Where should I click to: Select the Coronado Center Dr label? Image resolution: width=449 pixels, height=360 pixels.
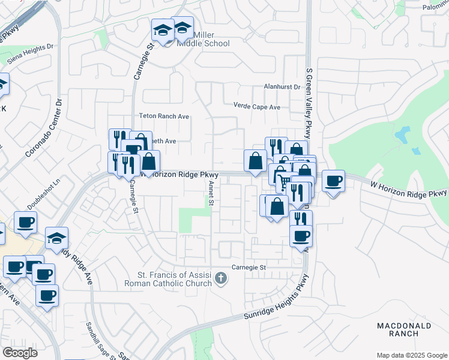click(44, 128)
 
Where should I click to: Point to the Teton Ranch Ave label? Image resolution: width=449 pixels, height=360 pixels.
click(164, 116)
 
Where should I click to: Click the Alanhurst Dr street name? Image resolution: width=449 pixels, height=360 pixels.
click(282, 87)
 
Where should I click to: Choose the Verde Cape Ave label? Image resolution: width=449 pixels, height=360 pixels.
click(257, 107)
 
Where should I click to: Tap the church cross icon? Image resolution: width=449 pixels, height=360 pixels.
click(221, 278)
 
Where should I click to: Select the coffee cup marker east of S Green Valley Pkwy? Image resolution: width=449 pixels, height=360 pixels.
click(333, 181)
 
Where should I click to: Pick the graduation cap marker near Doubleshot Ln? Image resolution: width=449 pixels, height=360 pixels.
click(56, 238)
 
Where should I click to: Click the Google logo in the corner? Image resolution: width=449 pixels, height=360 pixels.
click(20, 352)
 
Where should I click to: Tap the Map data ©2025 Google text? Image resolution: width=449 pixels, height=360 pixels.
click(411, 355)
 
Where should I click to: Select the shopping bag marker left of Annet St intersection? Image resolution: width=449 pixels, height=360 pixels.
click(149, 161)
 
